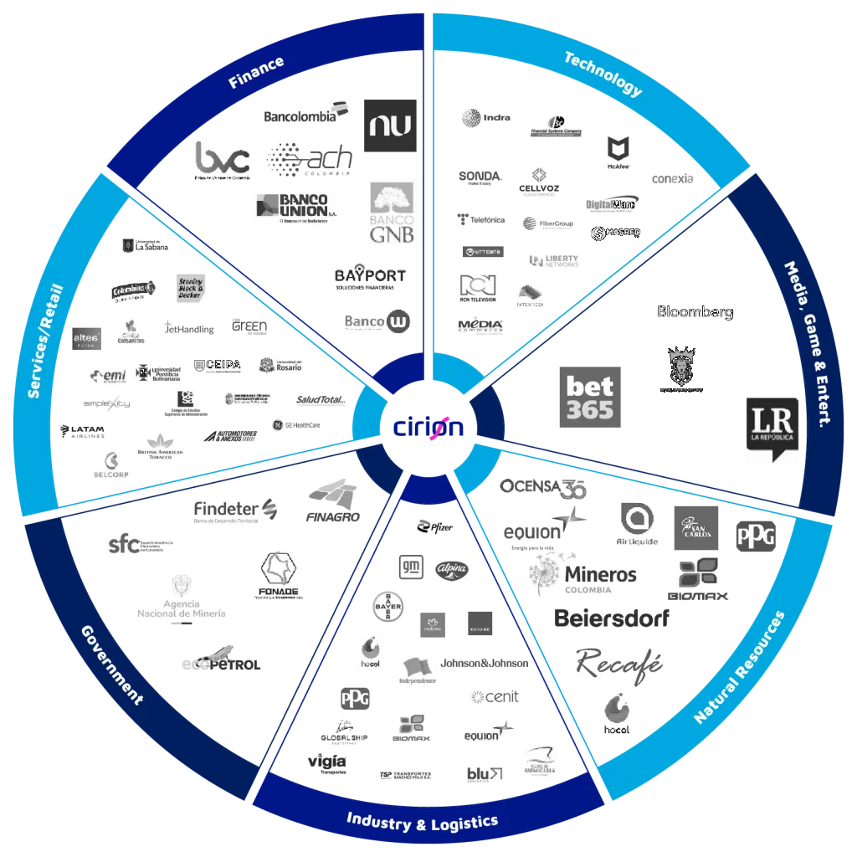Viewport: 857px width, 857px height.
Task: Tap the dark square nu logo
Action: [391, 124]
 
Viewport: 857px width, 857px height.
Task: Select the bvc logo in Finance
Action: [222, 159]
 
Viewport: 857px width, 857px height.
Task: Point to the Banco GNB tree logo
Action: [392, 213]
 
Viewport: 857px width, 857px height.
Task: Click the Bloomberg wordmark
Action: [695, 312]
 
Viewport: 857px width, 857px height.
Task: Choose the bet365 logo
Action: [589, 395]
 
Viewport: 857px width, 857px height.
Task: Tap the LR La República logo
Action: [772, 427]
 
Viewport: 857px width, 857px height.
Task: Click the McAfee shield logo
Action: [616, 153]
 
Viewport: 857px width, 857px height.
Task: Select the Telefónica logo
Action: [481, 219]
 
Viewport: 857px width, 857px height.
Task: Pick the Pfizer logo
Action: [435, 526]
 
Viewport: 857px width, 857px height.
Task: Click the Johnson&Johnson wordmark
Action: [485, 663]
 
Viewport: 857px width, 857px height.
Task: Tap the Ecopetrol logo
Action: [222, 660]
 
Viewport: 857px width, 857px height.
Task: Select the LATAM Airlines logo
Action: [83, 432]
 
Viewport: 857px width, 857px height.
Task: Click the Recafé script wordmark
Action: [619, 663]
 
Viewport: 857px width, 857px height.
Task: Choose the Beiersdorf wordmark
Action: [609, 619]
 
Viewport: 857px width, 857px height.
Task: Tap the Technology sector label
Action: [603, 74]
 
